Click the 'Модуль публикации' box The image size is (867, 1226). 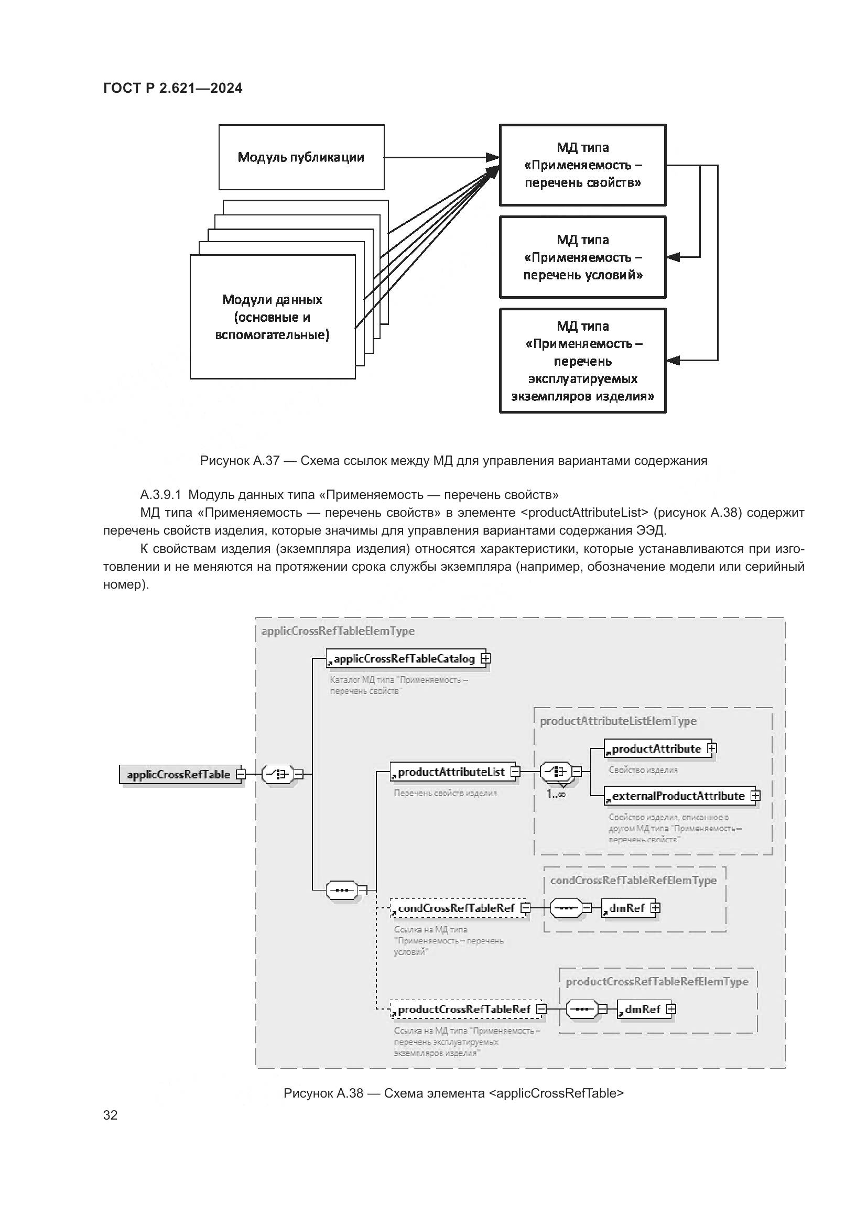[301, 158]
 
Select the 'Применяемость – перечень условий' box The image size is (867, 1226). [582, 257]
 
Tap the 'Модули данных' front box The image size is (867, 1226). [272, 317]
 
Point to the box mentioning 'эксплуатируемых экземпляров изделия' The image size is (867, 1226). [582, 361]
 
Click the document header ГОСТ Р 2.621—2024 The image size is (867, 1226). [172, 88]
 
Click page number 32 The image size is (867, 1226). [111, 1115]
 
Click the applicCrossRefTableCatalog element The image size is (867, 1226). [404, 659]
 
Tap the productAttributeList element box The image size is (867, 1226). [451, 772]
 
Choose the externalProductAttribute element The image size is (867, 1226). [678, 796]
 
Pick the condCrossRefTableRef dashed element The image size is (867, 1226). [457, 908]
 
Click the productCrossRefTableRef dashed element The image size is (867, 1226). [464, 1009]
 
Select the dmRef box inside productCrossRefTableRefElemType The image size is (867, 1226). [643, 1009]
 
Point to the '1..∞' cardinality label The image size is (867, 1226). [556, 794]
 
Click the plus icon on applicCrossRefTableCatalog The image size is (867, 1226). [485, 658]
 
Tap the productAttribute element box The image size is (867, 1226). [656, 748]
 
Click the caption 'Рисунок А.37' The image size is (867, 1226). [240, 461]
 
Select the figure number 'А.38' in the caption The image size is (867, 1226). [350, 1093]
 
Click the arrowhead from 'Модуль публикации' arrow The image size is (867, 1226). [492, 158]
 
